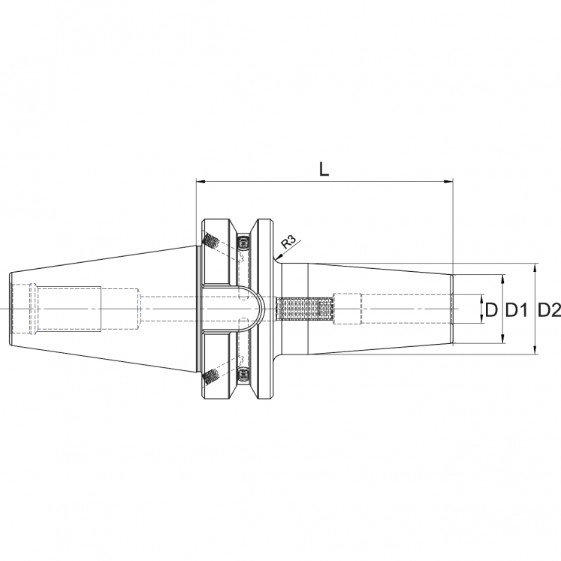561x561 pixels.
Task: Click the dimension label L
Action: pyautogui.click(x=324, y=170)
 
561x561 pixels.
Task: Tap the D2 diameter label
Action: pyautogui.click(x=550, y=309)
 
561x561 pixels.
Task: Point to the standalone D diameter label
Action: pyautogui.click(x=492, y=309)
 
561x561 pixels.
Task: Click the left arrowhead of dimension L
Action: pyautogui.click(x=199, y=181)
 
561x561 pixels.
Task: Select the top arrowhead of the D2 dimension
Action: pyautogui.click(x=534, y=267)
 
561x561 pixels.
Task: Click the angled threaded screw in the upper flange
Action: pyautogui.click(x=211, y=242)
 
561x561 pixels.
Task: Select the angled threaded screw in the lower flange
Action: pyautogui.click(x=211, y=375)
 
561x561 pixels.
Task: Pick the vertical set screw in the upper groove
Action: pyautogui.click(x=243, y=243)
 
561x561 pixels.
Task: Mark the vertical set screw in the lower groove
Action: pyautogui.click(x=243, y=374)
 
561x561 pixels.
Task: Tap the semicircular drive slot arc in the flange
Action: pyautogui.click(x=256, y=309)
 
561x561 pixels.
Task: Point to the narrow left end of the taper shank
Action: pyautogui.click(x=11, y=309)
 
